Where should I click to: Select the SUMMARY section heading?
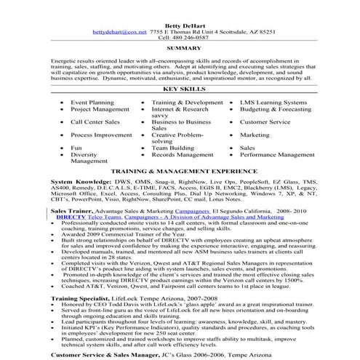point(180,50)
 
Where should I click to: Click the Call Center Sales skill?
point(95,123)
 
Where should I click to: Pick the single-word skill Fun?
point(76,148)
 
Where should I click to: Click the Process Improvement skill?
point(101,135)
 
